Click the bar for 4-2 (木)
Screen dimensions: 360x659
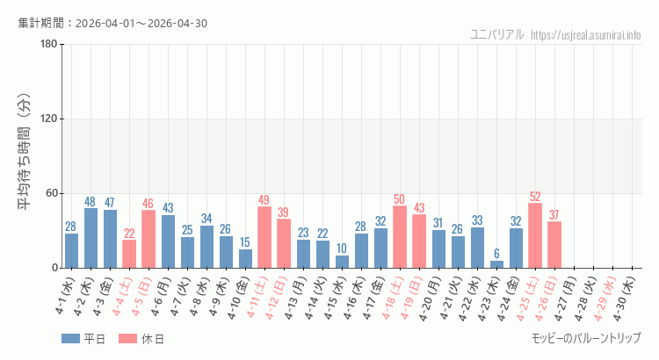tap(91, 238)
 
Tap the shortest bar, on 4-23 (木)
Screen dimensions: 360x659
tap(496, 264)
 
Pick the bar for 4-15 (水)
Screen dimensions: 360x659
tap(342, 262)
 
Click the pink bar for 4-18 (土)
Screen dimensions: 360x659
tap(400, 237)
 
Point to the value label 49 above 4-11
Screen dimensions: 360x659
tap(264, 200)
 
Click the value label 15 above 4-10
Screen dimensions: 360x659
tap(245, 242)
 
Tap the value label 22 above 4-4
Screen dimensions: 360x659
tap(129, 234)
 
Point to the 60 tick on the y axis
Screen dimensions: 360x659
tap(50, 193)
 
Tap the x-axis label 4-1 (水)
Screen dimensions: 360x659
tap(66, 298)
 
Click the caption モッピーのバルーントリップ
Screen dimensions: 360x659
tap(586, 338)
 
